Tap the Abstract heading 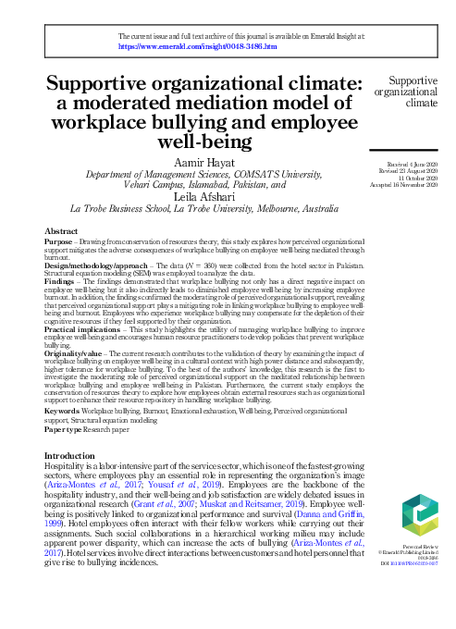pos(61,230)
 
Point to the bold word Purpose pos(59,240)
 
